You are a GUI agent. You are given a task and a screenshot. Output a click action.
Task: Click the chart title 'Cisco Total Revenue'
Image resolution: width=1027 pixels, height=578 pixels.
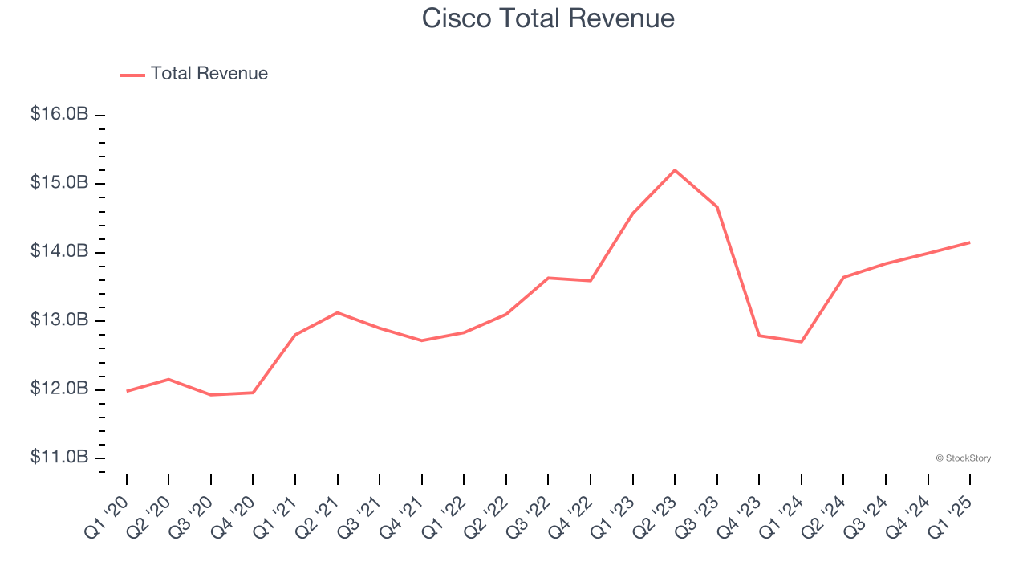(548, 18)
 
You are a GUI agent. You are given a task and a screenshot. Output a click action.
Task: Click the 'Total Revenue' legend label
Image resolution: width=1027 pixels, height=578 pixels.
(209, 74)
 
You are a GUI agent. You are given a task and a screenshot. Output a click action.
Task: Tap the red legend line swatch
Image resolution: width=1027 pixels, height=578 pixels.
(132, 75)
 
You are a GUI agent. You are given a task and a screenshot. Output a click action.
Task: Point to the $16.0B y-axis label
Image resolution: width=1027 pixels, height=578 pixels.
(59, 115)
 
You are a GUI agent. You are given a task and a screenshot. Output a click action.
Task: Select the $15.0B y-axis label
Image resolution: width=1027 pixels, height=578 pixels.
(59, 183)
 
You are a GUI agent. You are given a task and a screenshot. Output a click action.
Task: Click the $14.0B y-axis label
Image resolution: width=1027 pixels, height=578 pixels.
(59, 252)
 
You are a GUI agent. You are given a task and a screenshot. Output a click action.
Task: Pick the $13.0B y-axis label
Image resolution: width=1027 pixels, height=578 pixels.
(59, 320)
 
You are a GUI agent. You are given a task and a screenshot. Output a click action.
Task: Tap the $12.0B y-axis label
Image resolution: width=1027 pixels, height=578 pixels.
(59, 389)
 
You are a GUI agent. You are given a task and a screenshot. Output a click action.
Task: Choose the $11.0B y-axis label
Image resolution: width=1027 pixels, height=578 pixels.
(59, 458)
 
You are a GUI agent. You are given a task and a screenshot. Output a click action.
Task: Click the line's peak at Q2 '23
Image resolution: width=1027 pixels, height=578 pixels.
(675, 170)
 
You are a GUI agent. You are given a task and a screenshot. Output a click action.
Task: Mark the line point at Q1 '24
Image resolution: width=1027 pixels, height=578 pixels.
(802, 342)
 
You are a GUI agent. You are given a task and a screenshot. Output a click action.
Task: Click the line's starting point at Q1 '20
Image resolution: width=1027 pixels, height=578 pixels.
(127, 391)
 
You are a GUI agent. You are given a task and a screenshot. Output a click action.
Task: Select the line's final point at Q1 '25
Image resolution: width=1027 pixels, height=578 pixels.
(970, 242)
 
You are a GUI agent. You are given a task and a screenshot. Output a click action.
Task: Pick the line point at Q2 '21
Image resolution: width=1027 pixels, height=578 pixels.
(338, 312)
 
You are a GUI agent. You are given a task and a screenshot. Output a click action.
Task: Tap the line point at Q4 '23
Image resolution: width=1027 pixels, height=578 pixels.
(759, 336)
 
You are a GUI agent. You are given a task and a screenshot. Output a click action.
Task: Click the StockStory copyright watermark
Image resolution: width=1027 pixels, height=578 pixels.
(963, 458)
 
